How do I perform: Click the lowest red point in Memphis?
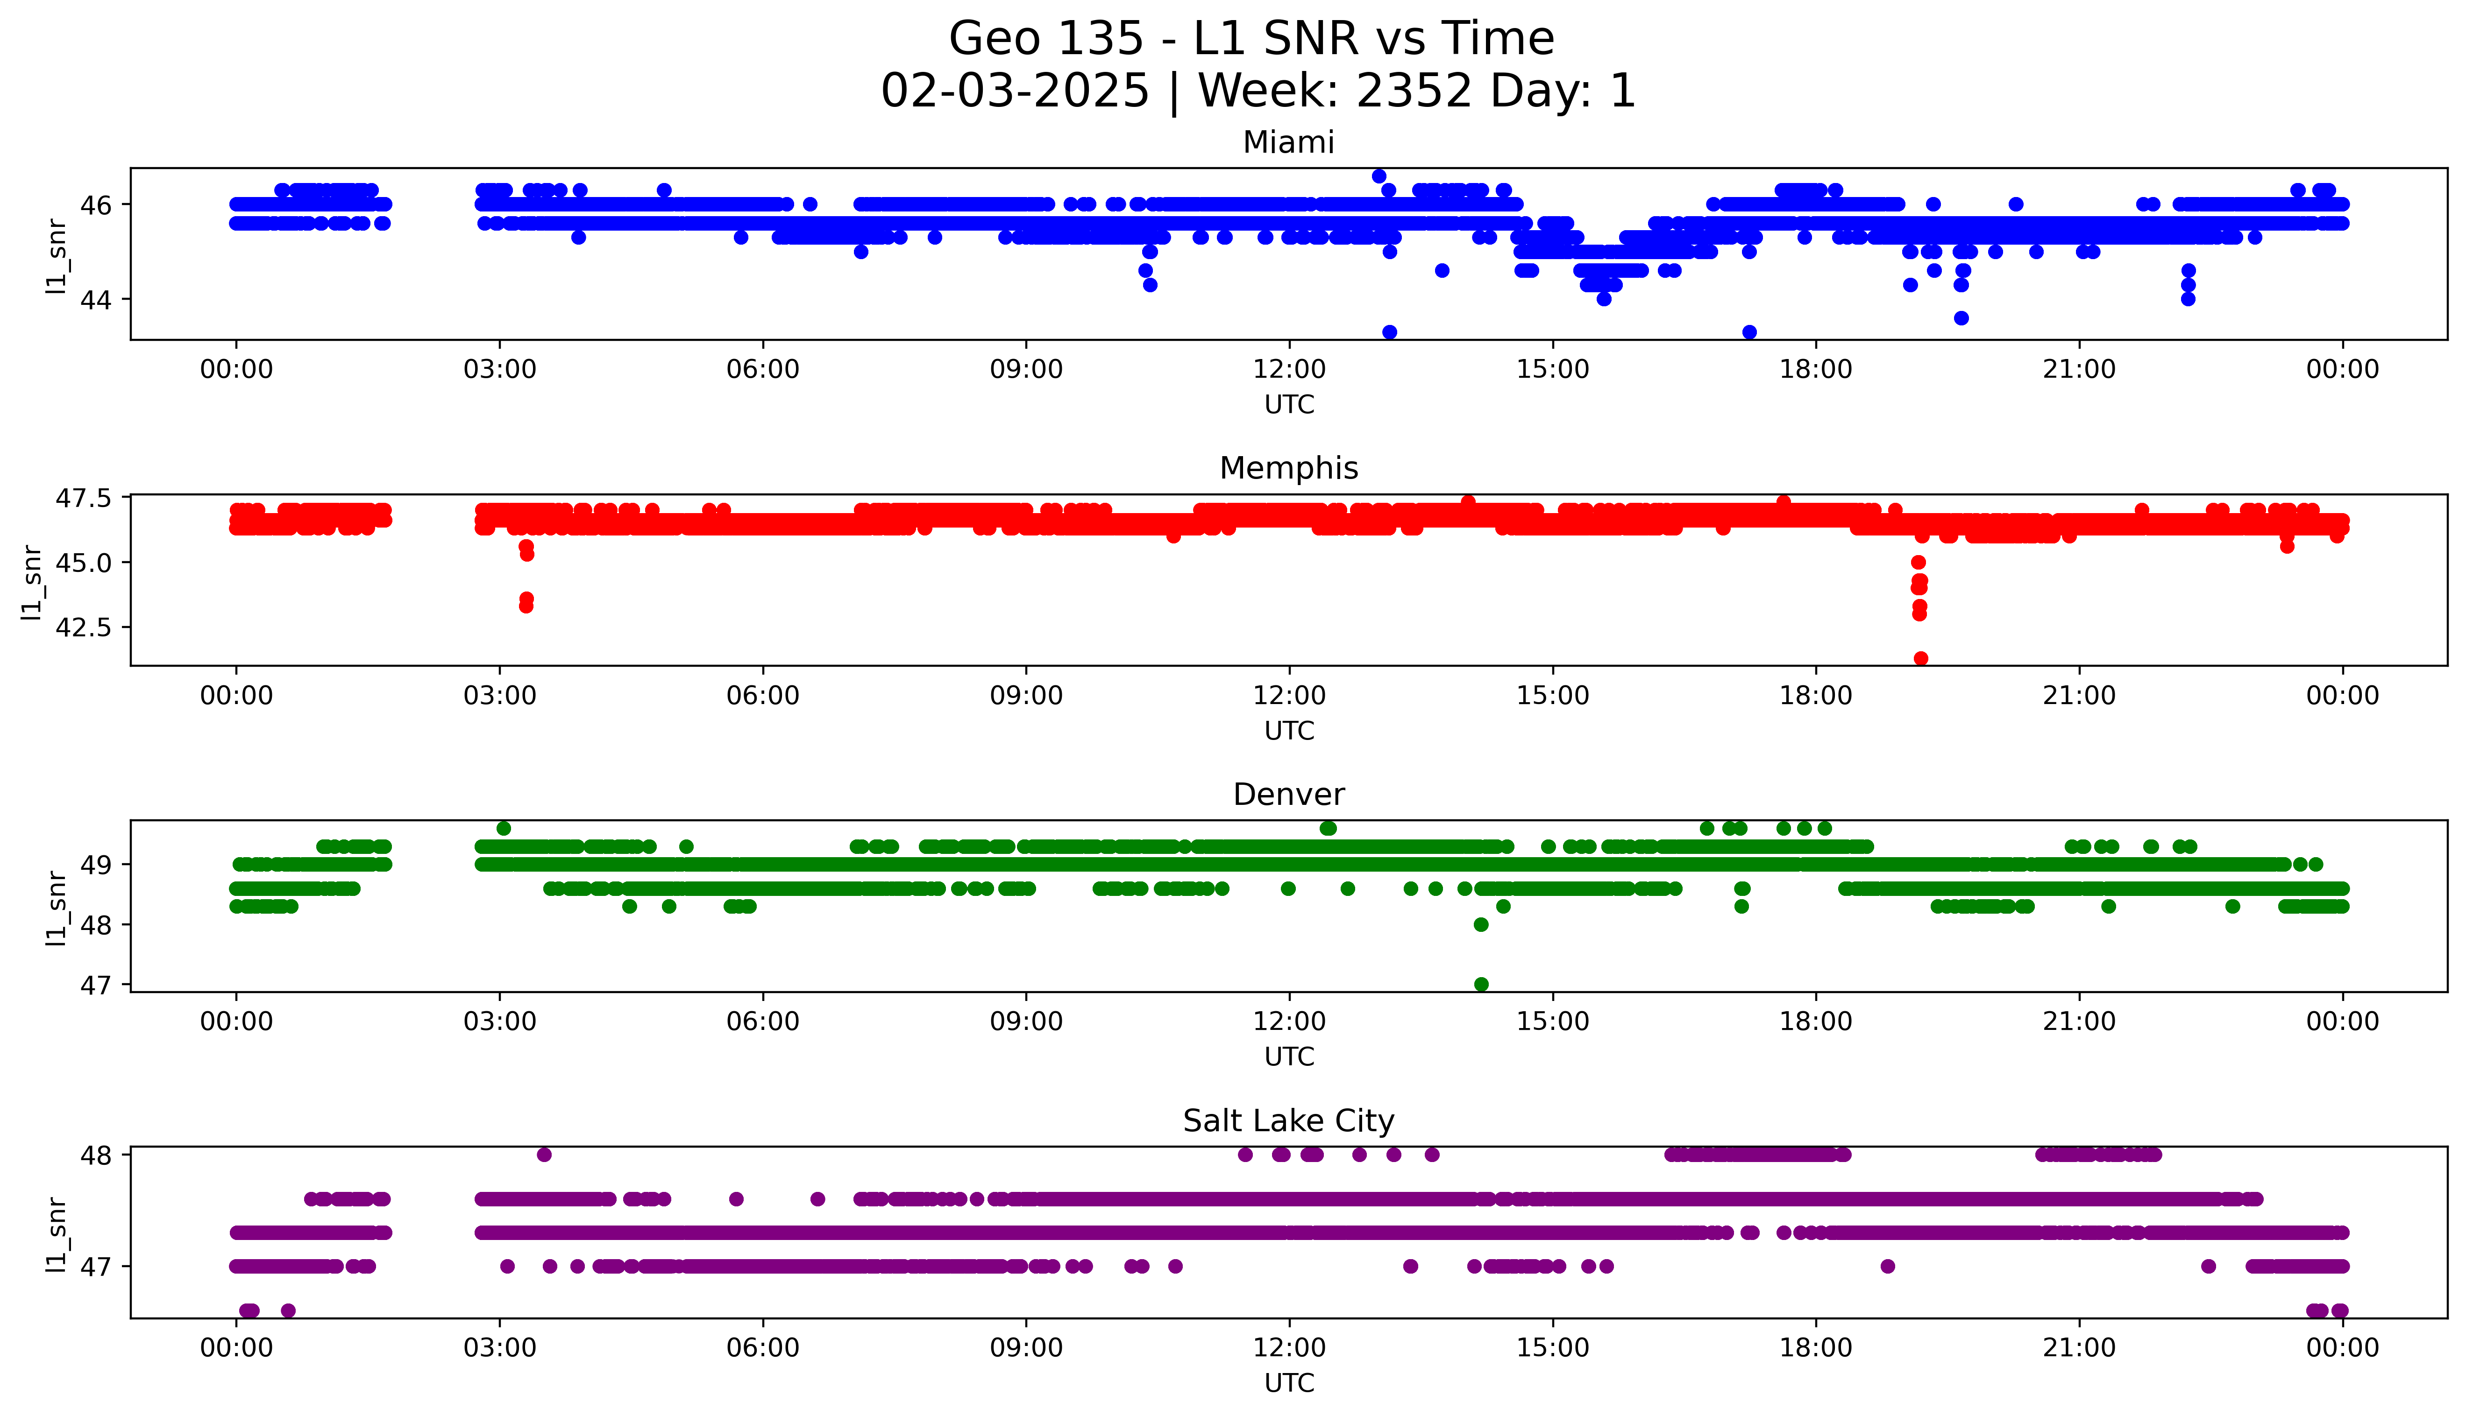tap(1920, 658)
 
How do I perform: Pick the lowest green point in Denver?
tap(1480, 984)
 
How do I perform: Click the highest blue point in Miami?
tap(1379, 176)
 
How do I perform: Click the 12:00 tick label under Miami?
tap(1289, 370)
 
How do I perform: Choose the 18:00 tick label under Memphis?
tap(1815, 695)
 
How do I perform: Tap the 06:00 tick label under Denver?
tap(763, 1021)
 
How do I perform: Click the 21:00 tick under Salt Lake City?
tap(2079, 1348)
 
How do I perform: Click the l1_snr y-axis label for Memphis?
tap(32, 582)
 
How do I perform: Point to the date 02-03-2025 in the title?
tap(1015, 92)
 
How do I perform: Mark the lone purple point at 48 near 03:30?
tap(544, 1155)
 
